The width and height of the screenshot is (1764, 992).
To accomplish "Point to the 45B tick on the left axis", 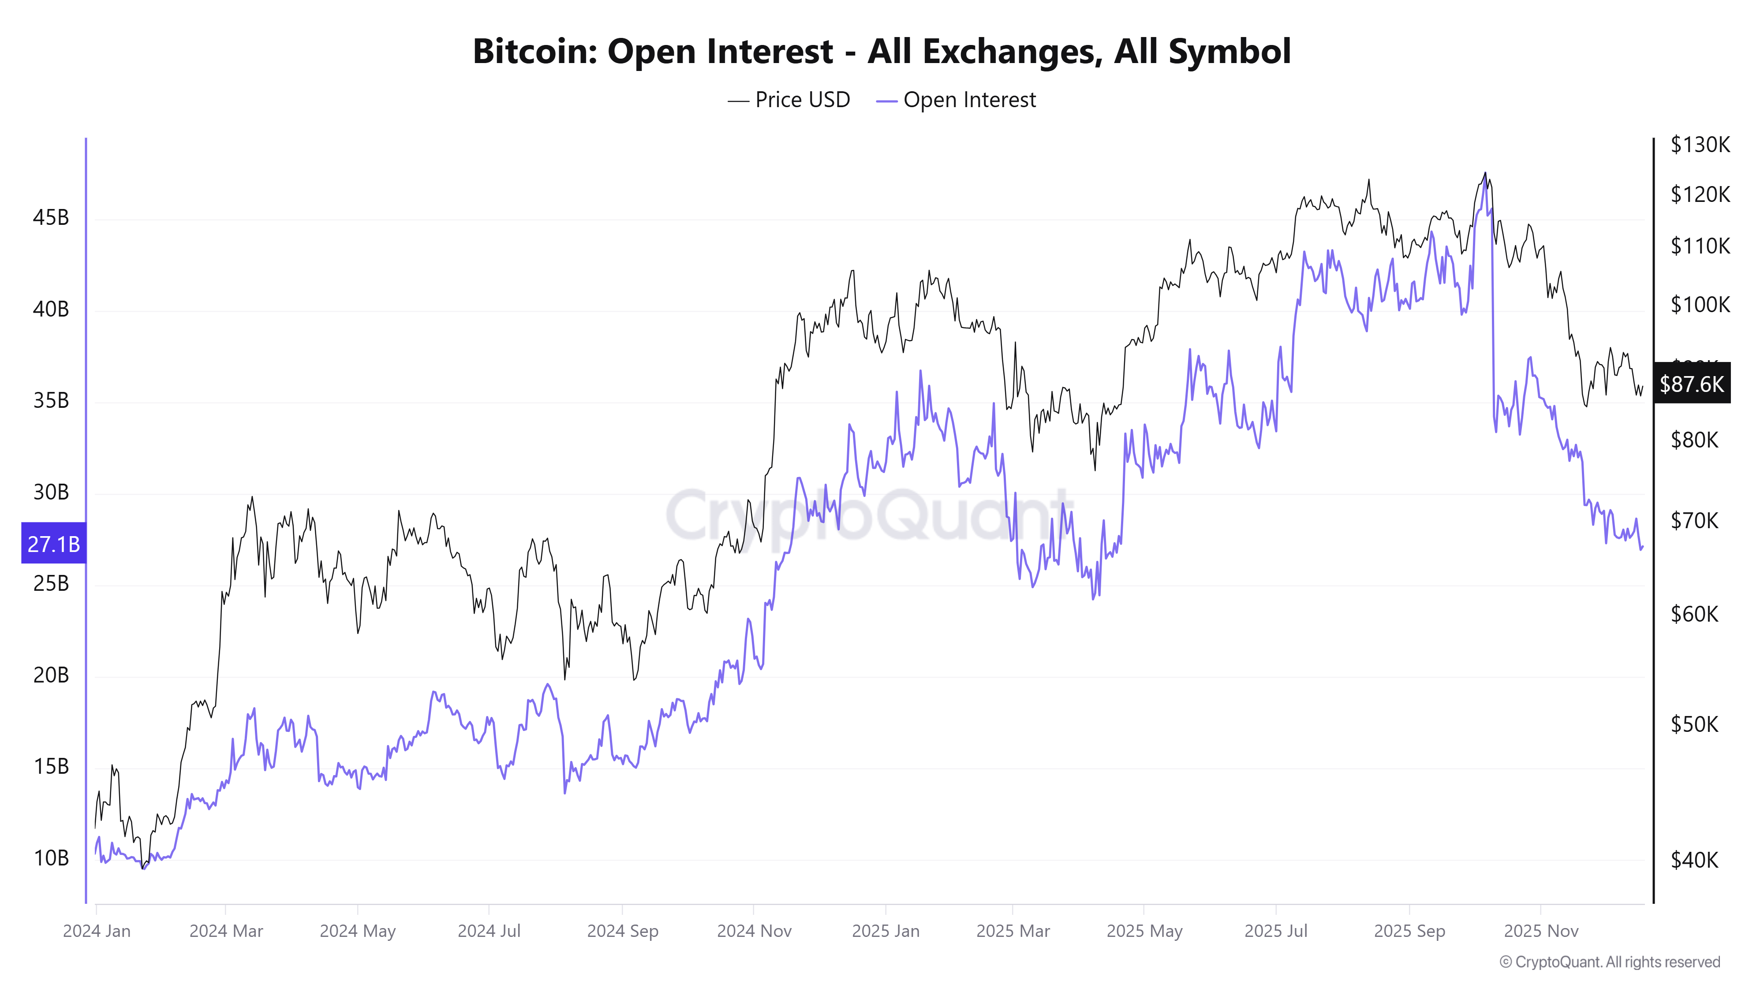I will (x=51, y=218).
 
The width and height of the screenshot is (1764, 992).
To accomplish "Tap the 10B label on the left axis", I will (x=51, y=858).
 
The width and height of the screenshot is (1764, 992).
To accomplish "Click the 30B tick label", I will (x=51, y=492).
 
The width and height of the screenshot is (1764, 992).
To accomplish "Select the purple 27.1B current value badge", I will (x=53, y=544).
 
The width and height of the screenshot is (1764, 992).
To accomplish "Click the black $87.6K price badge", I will (x=1691, y=384).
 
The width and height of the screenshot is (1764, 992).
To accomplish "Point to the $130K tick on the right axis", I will (x=1700, y=145).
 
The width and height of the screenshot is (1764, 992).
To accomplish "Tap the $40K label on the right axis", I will (x=1694, y=860).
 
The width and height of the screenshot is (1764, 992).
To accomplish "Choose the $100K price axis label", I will (x=1700, y=304).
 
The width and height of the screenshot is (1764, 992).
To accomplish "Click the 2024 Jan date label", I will (x=97, y=931).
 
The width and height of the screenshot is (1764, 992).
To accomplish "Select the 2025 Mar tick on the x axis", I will (x=1013, y=931).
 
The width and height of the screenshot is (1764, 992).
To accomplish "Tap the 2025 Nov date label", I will (x=1541, y=931).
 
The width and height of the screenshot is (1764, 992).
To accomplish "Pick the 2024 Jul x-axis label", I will (x=489, y=931).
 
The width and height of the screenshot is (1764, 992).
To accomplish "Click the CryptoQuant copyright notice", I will (x=1609, y=962).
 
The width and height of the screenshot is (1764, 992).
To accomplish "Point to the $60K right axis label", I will (x=1694, y=614).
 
